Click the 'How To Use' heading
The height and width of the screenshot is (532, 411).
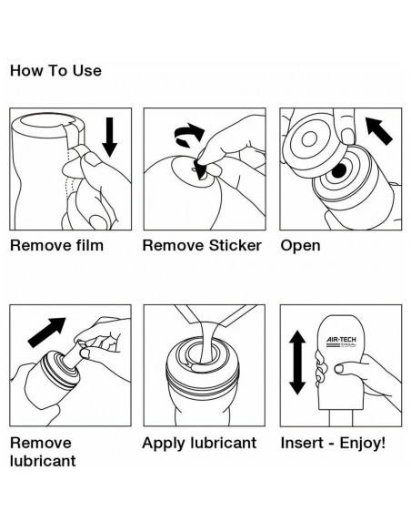coord(55,71)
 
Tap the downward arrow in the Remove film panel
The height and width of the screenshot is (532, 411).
coord(109,137)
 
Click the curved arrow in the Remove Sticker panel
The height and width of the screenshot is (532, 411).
coord(189,135)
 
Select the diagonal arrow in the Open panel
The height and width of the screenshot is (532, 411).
coord(379,130)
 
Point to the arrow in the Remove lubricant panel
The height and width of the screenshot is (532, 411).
coord(46,332)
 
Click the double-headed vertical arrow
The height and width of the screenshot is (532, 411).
coord(297,363)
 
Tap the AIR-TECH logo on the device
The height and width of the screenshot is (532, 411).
coord(341,342)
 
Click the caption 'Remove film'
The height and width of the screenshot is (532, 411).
coord(56,246)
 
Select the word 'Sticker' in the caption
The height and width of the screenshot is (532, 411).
coord(235,246)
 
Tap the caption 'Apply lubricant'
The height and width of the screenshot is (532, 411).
coord(199,444)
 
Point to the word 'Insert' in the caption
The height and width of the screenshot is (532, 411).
coord(302,443)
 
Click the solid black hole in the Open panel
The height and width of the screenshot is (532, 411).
coord(339,170)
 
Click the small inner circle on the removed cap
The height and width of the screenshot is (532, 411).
coord(309,139)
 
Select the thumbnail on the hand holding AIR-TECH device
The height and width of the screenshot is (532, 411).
coord(340,368)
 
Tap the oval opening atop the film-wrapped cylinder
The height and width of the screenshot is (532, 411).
coord(45,120)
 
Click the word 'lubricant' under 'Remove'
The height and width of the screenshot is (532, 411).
coord(43,461)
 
